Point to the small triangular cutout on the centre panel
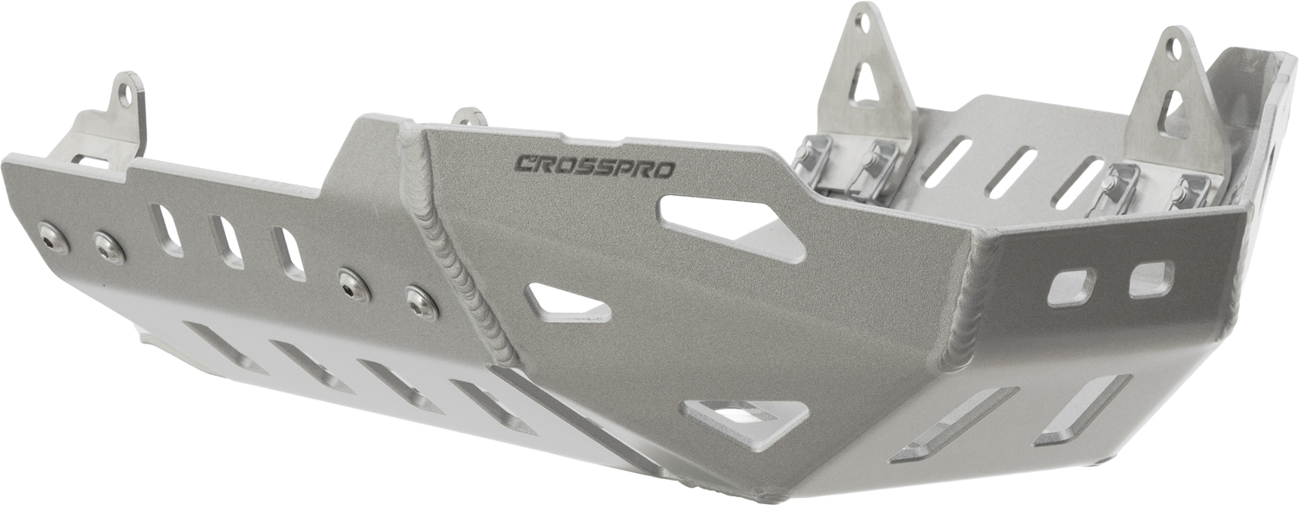click(564, 303)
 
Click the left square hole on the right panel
click(1070, 287)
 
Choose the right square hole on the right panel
click(1151, 278)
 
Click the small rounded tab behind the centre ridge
click(470, 116)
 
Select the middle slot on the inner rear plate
click(1011, 172)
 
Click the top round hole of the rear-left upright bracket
click(862, 22)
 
